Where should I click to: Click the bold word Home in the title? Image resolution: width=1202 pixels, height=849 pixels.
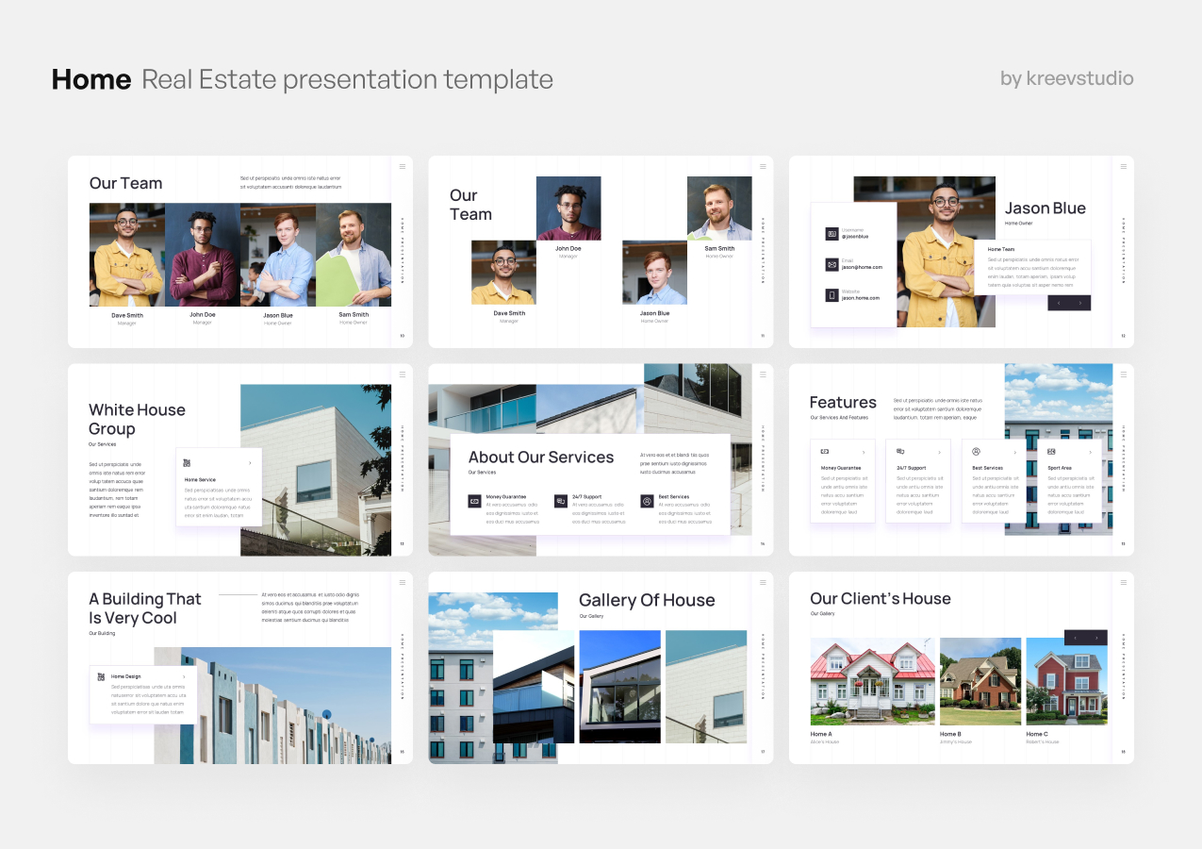[x=91, y=79]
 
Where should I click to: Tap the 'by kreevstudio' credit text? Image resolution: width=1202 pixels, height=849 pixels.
[x=1066, y=78]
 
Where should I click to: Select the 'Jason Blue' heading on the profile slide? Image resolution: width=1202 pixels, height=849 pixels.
[x=1045, y=208]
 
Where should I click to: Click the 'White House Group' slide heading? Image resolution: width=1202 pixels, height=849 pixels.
[x=137, y=419]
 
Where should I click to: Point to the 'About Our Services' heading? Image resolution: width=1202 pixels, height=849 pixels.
[x=540, y=458]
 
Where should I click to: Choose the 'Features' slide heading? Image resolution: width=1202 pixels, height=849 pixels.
[x=843, y=403]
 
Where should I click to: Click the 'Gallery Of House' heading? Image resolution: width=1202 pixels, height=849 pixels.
[x=646, y=600]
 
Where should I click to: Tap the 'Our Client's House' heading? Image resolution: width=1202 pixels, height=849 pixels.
[x=880, y=599]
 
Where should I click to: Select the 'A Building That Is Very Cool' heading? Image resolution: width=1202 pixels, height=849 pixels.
[x=145, y=608]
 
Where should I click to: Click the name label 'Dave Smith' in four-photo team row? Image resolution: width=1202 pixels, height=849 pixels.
[x=127, y=315]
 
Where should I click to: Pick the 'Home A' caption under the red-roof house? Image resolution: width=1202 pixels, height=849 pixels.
[x=821, y=734]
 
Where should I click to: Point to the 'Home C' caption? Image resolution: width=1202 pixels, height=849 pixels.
[x=1037, y=734]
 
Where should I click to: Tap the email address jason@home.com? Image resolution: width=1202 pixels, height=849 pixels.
[x=862, y=267]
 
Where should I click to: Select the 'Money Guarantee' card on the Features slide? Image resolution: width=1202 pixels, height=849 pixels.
[x=842, y=480]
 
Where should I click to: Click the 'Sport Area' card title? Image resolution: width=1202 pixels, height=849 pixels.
[x=1060, y=468]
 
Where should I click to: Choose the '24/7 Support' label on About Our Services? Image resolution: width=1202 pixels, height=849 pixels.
[x=586, y=496]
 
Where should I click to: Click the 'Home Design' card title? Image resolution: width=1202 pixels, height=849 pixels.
[x=125, y=676]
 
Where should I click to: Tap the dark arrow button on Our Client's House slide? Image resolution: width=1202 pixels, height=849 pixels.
[x=1085, y=638]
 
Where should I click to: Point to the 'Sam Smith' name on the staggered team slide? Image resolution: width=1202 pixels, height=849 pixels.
[x=719, y=249]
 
